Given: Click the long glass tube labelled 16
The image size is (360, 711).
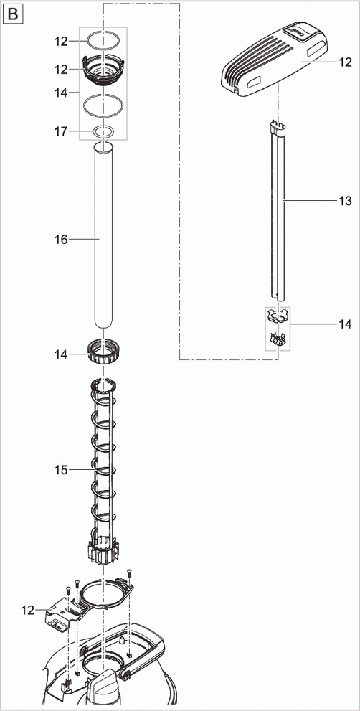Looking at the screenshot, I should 104,237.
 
